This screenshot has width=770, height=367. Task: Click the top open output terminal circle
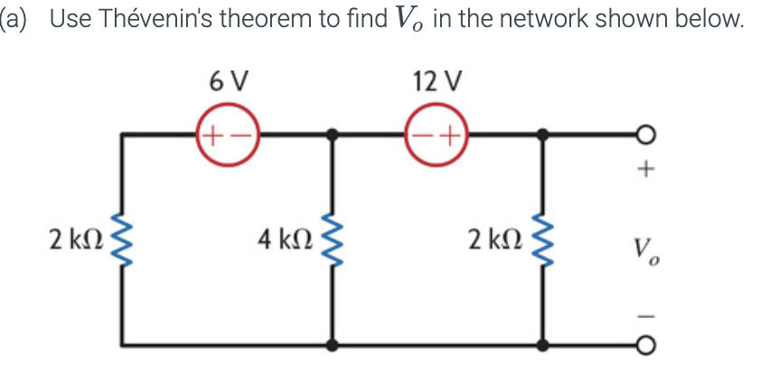645,136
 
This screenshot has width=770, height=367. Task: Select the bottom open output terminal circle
645,344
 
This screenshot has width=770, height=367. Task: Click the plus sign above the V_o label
645,169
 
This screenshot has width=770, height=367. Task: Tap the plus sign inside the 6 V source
211,136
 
